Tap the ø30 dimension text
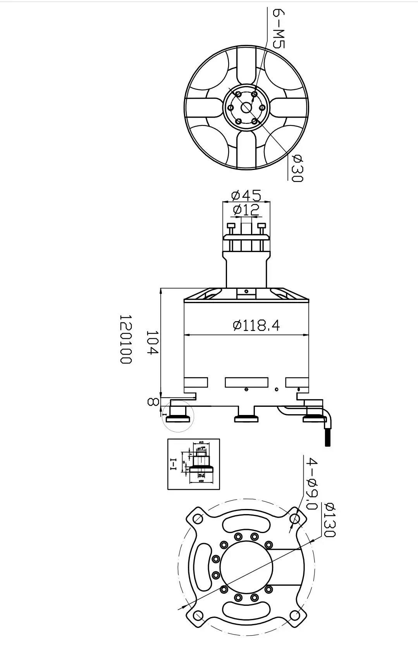[x=297, y=168]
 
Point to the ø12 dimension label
[x=246, y=210]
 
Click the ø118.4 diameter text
[x=256, y=326]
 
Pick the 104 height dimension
[x=152, y=342]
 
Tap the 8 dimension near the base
[x=153, y=401]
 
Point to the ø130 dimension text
[x=330, y=519]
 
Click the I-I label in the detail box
[x=173, y=464]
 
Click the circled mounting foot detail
[x=178, y=416]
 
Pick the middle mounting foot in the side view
[x=246, y=417]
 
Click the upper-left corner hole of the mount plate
[x=198, y=518]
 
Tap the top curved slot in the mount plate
[x=246, y=525]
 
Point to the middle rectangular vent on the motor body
[x=247, y=382]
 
